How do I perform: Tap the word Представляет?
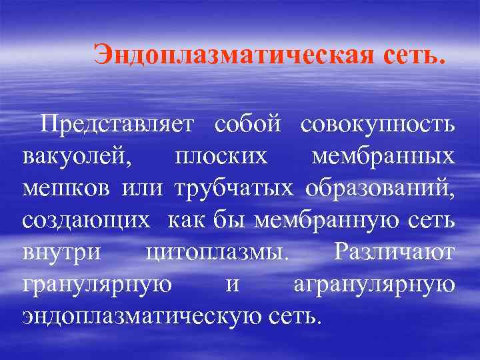pyautogui.click(x=117, y=123)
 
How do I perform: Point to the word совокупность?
pyautogui.click(x=379, y=123)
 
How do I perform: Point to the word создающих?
pyautogui.click(x=87, y=219)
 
